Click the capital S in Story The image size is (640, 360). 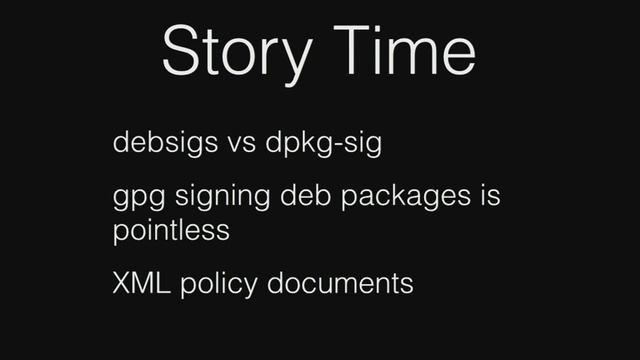click(181, 51)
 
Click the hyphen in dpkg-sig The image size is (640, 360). click(339, 146)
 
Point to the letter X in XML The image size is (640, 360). click(121, 283)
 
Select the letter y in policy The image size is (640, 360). click(254, 288)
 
